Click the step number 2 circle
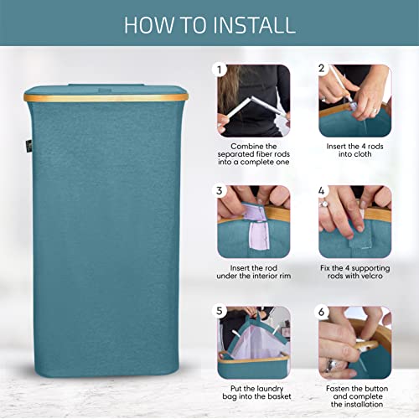[x=322, y=70]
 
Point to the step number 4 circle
[x=322, y=190]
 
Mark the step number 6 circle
[x=322, y=311]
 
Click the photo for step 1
[x=254, y=101]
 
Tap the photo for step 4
[x=354, y=220]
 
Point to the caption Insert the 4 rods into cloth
[x=354, y=151]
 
